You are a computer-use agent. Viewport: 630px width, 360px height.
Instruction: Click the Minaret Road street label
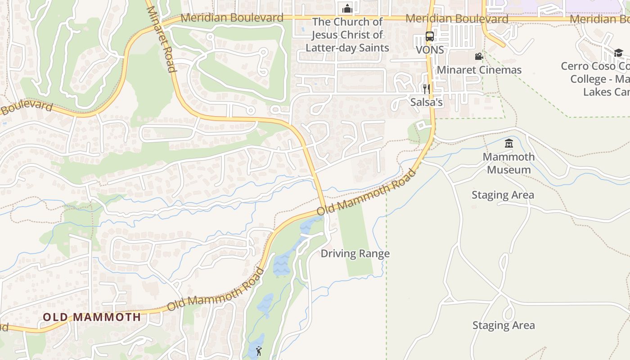[160, 39]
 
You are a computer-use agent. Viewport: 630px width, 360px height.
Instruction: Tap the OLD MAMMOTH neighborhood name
[92, 317]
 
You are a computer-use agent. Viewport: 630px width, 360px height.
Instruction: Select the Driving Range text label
[355, 254]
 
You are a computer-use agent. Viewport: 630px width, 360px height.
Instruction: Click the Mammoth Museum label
[508, 163]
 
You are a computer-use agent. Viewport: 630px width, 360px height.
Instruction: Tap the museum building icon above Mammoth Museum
[509, 144]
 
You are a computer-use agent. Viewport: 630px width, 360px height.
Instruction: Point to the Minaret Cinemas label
[479, 70]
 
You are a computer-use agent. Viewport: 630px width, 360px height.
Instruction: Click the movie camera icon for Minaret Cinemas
[479, 57]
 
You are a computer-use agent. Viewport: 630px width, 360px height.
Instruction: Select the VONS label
[430, 50]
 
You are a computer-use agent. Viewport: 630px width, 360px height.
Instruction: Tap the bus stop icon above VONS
[430, 36]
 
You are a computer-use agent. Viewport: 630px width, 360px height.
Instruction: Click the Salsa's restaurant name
[426, 103]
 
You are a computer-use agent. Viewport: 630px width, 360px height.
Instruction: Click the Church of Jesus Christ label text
[347, 35]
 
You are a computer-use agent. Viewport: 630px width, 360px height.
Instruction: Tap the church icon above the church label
[347, 9]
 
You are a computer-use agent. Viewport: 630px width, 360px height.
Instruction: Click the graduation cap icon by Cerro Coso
[618, 53]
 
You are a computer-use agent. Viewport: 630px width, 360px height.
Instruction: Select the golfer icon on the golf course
[259, 351]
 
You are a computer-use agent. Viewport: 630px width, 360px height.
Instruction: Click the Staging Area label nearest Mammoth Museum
[503, 195]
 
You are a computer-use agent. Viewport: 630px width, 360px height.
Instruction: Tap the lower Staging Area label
[504, 325]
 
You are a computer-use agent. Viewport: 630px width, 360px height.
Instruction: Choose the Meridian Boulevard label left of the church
[232, 18]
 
